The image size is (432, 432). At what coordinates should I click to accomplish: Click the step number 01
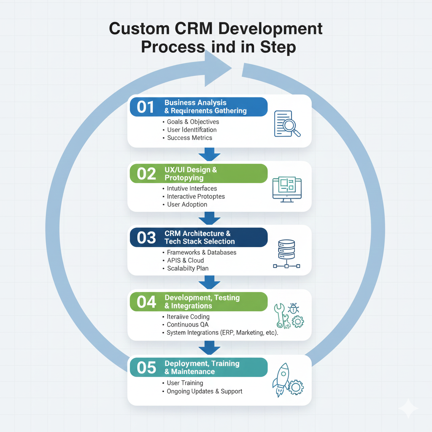click(146, 107)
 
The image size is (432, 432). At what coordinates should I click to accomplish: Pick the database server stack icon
click(286, 254)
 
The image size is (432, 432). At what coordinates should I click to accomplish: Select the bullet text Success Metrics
click(189, 138)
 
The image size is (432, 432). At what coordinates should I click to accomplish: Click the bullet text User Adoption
click(187, 204)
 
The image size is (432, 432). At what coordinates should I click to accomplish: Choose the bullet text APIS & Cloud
click(185, 260)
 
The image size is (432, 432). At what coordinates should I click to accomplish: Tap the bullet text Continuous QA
click(188, 324)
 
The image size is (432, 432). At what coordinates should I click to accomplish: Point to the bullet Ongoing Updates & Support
click(205, 391)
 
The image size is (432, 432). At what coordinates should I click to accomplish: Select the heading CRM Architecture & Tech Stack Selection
click(200, 237)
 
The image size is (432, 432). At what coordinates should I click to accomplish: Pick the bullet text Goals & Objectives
click(193, 121)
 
